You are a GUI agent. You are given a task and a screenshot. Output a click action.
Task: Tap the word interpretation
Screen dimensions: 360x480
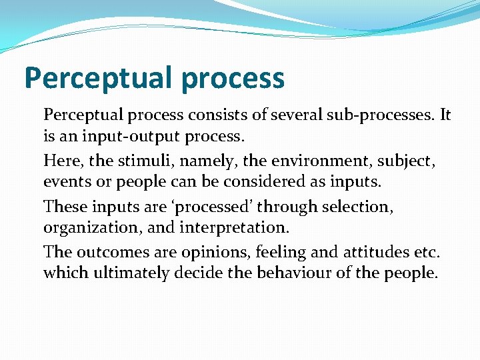click(235, 229)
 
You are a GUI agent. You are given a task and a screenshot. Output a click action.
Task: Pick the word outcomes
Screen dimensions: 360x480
click(112, 252)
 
